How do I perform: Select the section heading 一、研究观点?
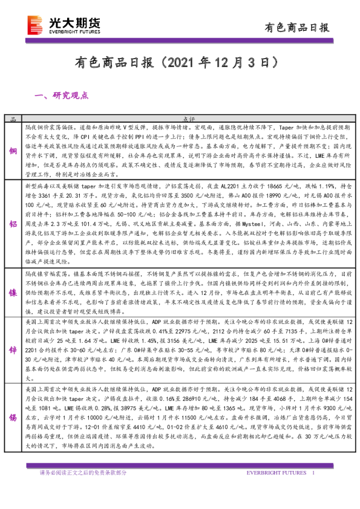point(62,95)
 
